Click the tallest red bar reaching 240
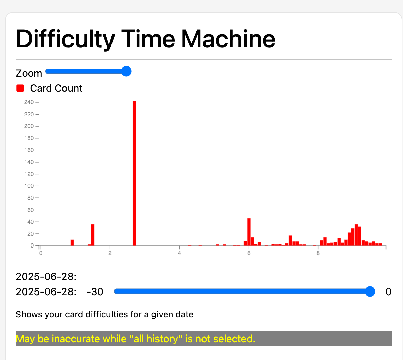(134, 173)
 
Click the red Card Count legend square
(20, 88)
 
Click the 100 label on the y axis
(29, 186)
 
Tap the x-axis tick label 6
(249, 253)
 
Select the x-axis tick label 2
(110, 253)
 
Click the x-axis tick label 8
(318, 253)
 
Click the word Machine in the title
(228, 39)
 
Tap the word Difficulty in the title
(65, 40)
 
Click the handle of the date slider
(370, 291)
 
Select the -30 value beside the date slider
(95, 292)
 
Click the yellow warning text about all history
(135, 339)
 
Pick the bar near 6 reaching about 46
(249, 232)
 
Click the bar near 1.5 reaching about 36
(93, 235)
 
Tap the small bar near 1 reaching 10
(72, 243)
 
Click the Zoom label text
(29, 73)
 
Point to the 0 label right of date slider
(388, 292)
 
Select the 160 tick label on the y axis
(29, 150)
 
